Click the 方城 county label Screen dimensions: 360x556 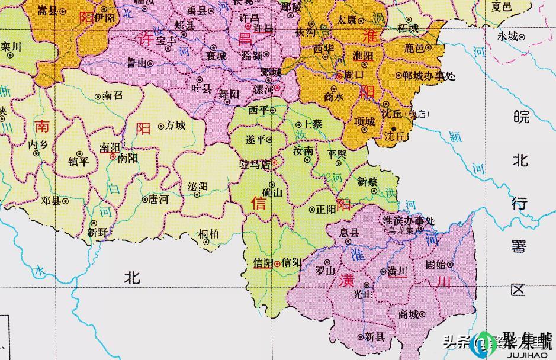tap(175, 126)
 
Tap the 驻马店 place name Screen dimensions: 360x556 tap(253, 165)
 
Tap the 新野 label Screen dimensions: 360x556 tap(98, 233)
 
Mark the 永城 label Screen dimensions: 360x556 tap(507, 36)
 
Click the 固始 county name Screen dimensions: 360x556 tap(436, 265)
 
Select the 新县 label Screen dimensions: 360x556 tap(374, 336)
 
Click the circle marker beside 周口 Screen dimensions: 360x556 tap(339, 76)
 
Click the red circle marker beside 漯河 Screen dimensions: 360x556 tap(277, 88)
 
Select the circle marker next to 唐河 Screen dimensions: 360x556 tap(144, 200)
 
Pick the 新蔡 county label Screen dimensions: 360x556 tap(367, 182)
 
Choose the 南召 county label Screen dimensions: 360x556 tap(112, 95)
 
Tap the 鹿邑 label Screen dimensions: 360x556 tap(415, 48)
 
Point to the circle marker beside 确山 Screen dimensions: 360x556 tap(272, 184)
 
